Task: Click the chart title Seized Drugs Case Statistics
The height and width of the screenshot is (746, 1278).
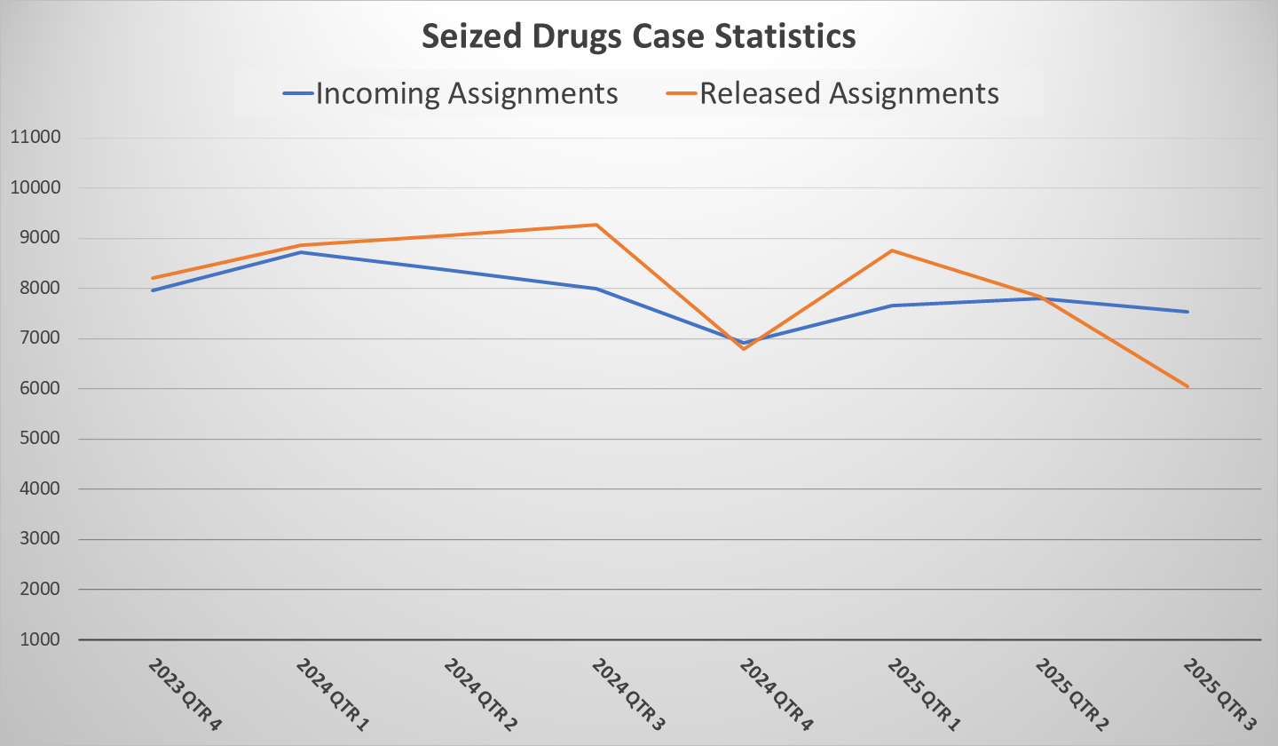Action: [x=638, y=36]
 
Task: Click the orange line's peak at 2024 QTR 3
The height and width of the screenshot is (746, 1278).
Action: [x=596, y=225]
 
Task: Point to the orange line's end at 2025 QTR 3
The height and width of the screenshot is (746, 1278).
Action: [x=1187, y=386]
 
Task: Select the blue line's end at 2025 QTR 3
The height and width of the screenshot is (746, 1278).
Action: [x=1187, y=312]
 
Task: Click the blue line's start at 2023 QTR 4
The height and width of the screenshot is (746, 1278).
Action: [x=152, y=290]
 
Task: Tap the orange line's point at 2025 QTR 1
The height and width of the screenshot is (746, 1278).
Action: [x=892, y=250]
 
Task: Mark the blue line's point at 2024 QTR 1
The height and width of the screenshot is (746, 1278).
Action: [x=300, y=252]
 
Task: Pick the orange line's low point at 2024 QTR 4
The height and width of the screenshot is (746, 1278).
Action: [x=744, y=349]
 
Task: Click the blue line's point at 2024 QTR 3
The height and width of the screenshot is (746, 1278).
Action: [x=596, y=289]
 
